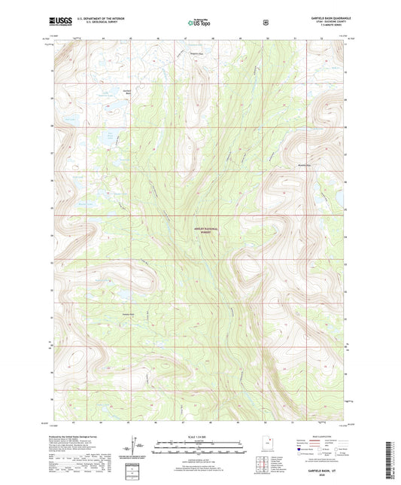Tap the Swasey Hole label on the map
click(x=128, y=314)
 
